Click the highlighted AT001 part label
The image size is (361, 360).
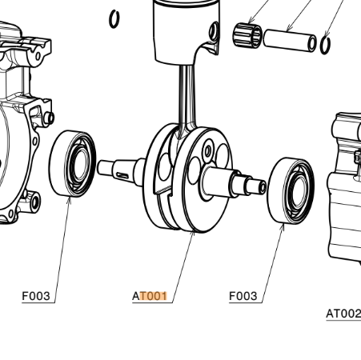(150, 296)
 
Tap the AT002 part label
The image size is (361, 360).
(343, 314)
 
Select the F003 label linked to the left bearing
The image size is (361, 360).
(36, 296)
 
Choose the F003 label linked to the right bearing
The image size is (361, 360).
(243, 296)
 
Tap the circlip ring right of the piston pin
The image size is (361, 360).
(326, 44)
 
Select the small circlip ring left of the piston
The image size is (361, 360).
(115, 18)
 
